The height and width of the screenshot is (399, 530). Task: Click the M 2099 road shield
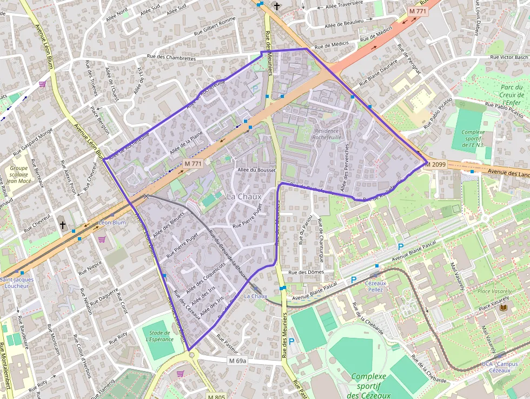coord(436,164)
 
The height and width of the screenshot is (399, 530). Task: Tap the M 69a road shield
coord(237,361)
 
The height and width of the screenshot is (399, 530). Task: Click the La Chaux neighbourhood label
coord(244,196)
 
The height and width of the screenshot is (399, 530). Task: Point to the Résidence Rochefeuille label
coord(326,134)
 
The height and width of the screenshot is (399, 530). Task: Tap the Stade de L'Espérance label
coord(160,336)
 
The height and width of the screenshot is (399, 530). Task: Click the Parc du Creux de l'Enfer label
coord(511,95)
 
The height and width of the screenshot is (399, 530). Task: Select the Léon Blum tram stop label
coord(112,223)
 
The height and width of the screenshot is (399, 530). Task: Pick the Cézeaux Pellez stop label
coord(375,286)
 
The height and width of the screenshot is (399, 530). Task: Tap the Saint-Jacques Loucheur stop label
coord(16,283)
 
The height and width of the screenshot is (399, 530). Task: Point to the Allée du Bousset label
coord(256,170)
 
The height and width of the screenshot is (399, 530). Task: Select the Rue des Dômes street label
coord(306,272)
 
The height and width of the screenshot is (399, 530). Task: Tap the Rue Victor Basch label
coord(508,57)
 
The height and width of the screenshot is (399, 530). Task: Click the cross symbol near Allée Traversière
coord(277,6)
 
